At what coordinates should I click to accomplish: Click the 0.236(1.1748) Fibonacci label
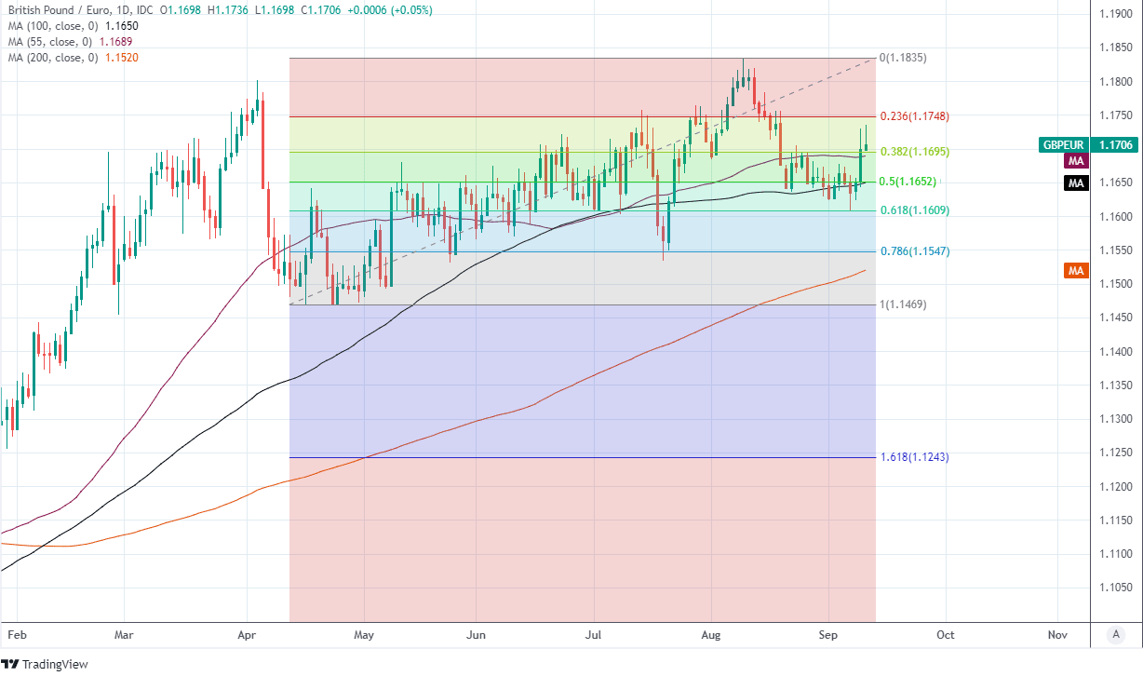click(915, 116)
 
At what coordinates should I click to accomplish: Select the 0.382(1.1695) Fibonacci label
click(915, 151)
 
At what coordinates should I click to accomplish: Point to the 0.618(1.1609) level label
click(915, 210)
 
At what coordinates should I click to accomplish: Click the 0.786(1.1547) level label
click(915, 251)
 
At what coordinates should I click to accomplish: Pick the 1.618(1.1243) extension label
click(915, 457)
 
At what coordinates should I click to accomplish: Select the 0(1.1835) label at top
click(903, 58)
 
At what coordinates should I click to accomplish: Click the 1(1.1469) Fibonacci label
click(903, 304)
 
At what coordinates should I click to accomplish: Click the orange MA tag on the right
click(1076, 271)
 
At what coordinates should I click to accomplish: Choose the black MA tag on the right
click(1076, 183)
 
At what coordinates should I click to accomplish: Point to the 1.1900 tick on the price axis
click(1114, 14)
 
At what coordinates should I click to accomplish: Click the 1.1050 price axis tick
click(1114, 588)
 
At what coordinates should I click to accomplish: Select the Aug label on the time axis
click(711, 634)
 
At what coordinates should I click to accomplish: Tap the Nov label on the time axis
click(1056, 634)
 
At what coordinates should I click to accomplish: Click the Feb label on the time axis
click(17, 634)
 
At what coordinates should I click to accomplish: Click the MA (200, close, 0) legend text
click(52, 58)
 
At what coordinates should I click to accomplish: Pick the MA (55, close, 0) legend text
click(49, 42)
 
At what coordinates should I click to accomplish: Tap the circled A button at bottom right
click(1115, 634)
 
